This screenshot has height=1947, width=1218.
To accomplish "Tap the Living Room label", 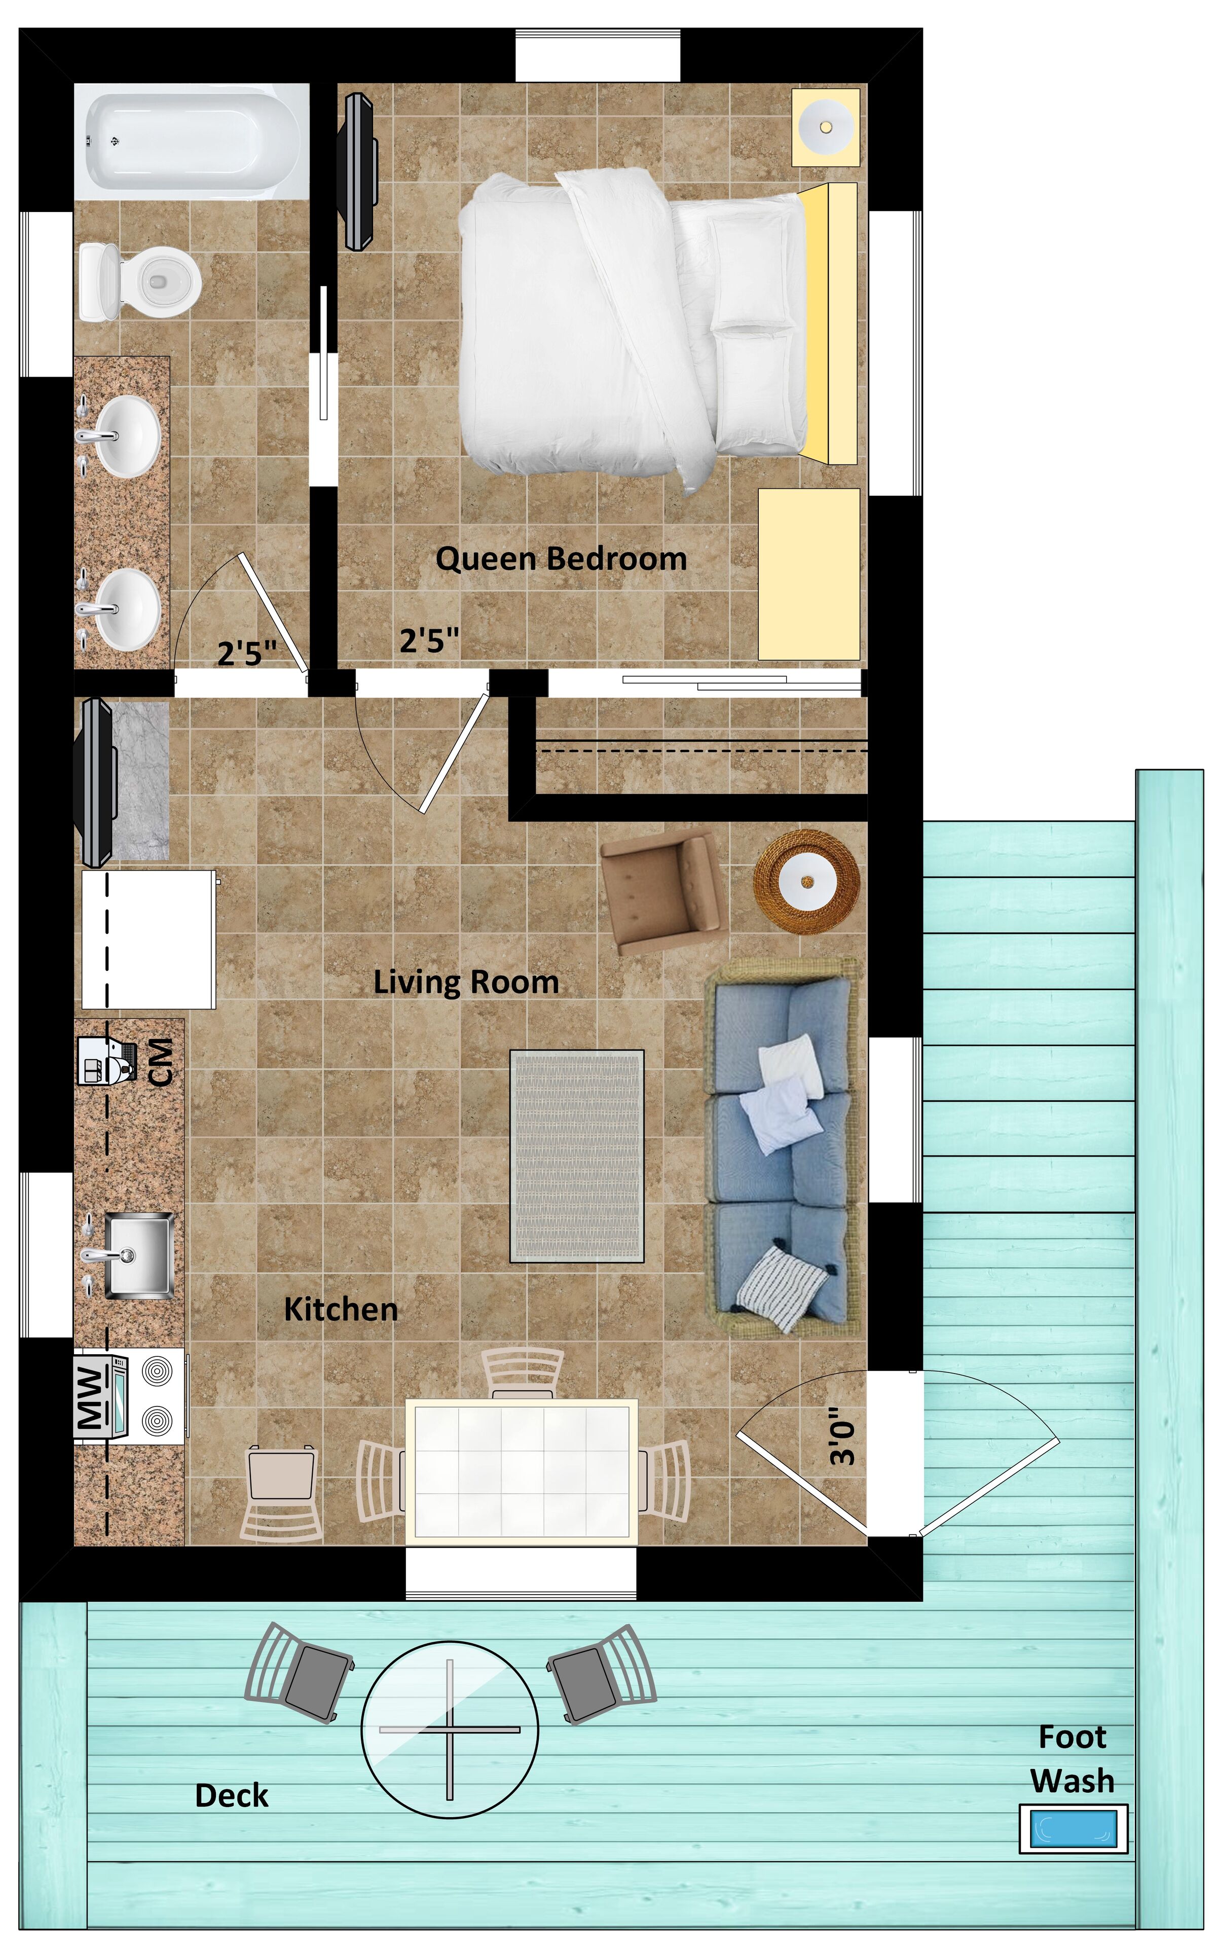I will [x=466, y=982].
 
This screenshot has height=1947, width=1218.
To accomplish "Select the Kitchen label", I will [x=341, y=1310].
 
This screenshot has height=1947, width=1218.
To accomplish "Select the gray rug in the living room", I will [x=577, y=1156].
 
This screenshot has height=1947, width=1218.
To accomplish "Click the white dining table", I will [x=521, y=1471].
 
